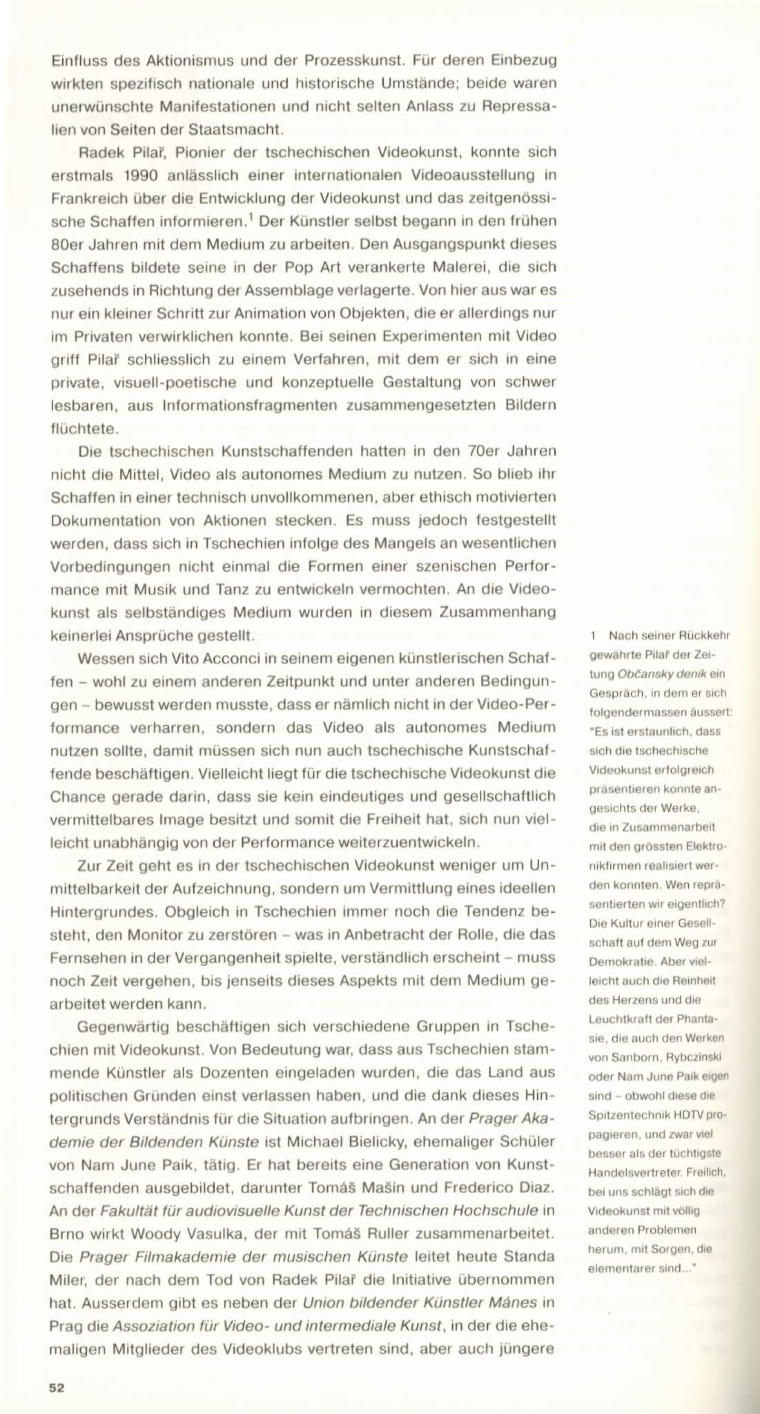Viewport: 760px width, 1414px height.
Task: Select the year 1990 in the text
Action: tap(141, 176)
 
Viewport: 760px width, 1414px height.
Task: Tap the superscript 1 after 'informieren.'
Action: tap(250, 219)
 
